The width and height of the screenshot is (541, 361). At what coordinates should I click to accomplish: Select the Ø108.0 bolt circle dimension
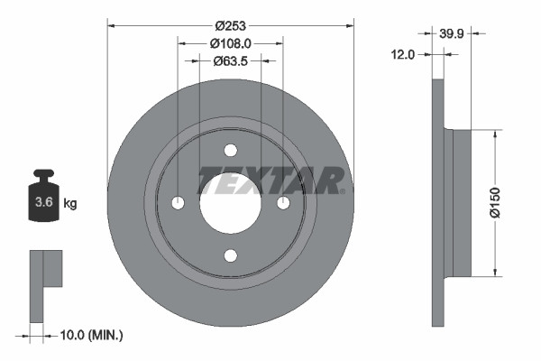pos(230,42)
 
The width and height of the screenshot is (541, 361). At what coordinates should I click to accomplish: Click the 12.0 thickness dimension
pos(403,54)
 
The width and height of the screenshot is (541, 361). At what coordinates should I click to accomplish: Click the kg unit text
pos(69,204)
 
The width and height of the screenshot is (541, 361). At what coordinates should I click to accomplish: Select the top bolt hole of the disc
pos(230,149)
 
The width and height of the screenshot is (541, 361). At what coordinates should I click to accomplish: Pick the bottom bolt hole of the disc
pos(230,255)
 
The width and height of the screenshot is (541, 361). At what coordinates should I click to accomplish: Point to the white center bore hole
pos(230,208)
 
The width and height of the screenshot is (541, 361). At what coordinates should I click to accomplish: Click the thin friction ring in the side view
pos(439,203)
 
